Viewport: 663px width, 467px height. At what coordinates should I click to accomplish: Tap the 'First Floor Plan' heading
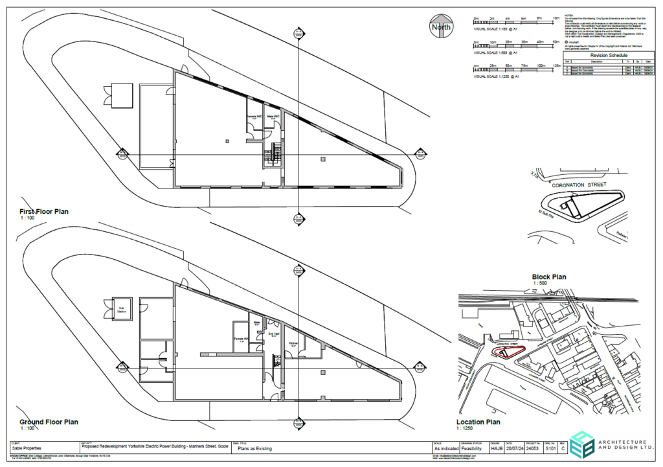click(x=44, y=212)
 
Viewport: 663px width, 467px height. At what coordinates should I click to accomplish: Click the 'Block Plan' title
click(x=549, y=277)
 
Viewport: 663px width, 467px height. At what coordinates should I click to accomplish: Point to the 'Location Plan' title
click(x=478, y=422)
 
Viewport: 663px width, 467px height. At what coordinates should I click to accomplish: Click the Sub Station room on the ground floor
click(x=120, y=309)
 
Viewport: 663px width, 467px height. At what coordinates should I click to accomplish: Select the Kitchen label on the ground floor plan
click(x=293, y=342)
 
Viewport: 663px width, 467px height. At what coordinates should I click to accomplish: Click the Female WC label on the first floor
click(x=254, y=117)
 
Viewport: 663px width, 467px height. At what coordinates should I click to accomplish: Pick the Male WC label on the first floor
click(x=273, y=117)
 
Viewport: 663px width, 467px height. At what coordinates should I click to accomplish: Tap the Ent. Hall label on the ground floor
click(x=273, y=334)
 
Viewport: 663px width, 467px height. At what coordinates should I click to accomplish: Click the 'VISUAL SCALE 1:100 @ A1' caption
click(x=497, y=30)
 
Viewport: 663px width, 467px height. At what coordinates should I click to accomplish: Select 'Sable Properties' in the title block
click(x=28, y=448)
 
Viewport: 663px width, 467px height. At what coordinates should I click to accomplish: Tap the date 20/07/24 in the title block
click(x=513, y=448)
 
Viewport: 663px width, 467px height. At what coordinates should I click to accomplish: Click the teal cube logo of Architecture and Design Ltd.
click(x=574, y=443)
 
